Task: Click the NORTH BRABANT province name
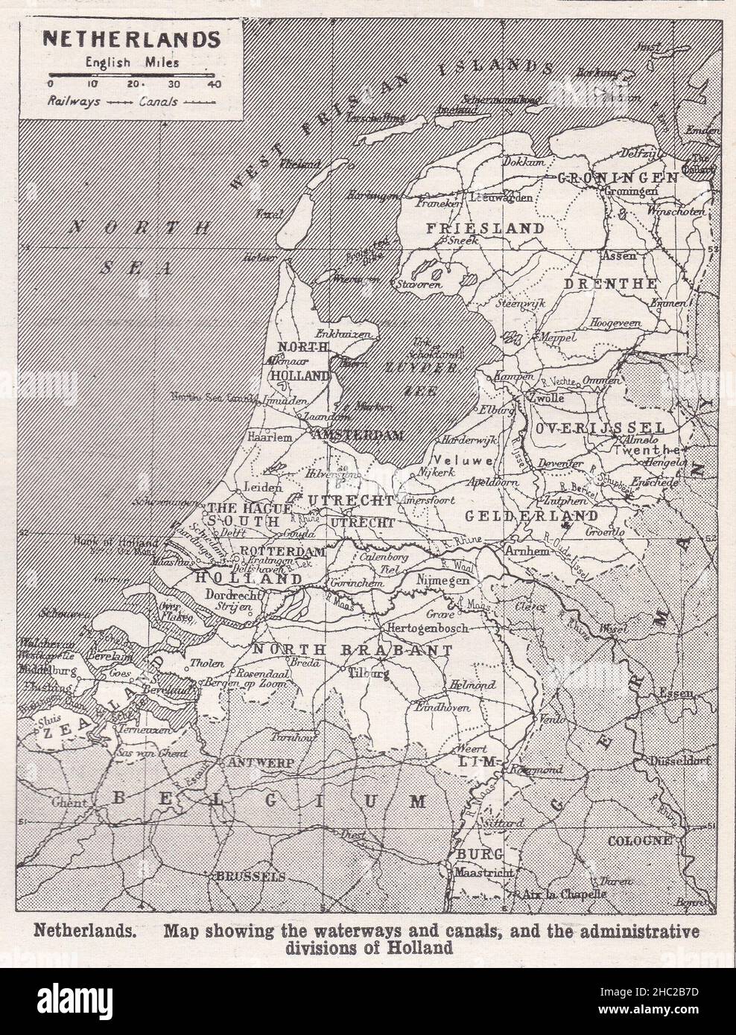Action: pos(352,650)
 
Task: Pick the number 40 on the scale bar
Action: pos(215,84)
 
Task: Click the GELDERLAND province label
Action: pos(530,515)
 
